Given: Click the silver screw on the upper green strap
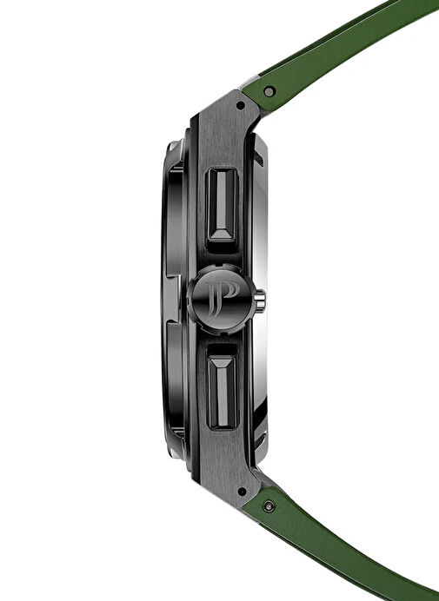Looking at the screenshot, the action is [x=269, y=91].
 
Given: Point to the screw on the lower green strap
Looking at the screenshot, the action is [x=269, y=506].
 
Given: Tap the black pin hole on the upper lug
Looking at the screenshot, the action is [x=241, y=105].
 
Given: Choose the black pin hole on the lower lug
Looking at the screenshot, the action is [x=242, y=492].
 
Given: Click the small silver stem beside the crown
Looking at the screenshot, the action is [x=260, y=300].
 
